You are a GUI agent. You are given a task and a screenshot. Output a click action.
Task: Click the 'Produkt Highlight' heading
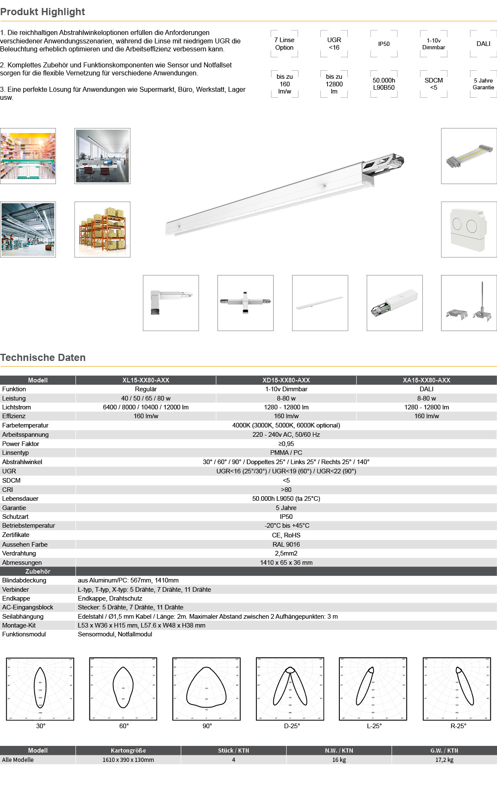tap(43, 12)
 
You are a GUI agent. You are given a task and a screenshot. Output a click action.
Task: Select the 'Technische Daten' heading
tap(43, 358)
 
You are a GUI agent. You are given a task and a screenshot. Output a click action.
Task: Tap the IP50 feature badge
tap(384, 44)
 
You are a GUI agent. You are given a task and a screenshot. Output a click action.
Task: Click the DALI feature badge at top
tap(483, 44)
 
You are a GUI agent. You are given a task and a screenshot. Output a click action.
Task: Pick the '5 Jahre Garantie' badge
tap(483, 84)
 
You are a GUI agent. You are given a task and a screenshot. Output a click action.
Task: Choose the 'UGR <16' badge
tap(334, 44)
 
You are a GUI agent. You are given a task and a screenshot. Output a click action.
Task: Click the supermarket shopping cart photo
tap(28, 156)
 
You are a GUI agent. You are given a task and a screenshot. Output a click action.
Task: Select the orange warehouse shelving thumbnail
tap(102, 230)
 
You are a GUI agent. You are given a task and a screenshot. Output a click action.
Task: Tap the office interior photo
tap(102, 156)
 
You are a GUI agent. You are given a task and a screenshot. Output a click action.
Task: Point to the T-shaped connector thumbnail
tap(245, 303)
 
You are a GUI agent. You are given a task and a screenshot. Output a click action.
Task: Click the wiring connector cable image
tap(469, 156)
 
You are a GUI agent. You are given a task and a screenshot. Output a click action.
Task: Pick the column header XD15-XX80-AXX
tap(286, 380)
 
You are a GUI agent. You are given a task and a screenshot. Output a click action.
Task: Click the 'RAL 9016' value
tap(286, 544)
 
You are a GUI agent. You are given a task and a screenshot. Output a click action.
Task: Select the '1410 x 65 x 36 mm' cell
tap(286, 563)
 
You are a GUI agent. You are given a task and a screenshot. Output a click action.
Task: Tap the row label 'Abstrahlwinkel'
tap(22, 462)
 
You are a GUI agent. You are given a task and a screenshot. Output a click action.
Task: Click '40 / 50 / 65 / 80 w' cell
tap(146, 398)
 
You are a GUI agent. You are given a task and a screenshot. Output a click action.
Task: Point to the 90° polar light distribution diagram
tap(207, 689)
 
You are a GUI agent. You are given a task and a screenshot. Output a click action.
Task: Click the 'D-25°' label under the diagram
tap(292, 726)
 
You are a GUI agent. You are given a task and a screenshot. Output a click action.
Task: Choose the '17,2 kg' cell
tap(444, 760)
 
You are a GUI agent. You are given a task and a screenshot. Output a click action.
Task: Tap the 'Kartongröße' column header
tap(128, 751)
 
